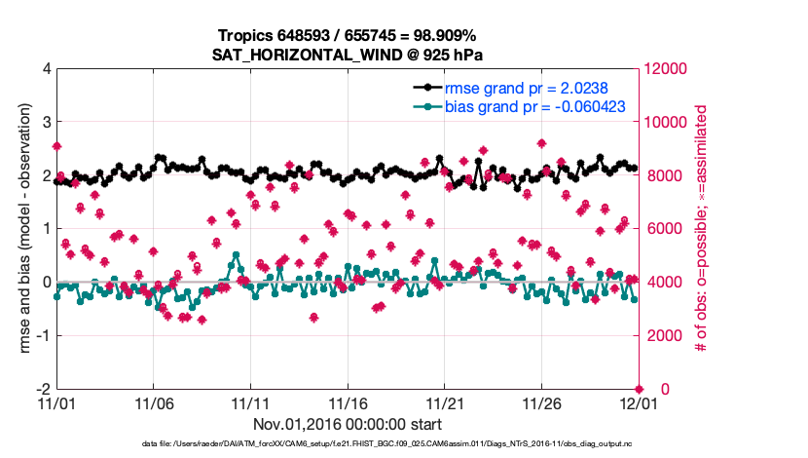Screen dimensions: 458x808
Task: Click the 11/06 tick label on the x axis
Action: click(x=153, y=402)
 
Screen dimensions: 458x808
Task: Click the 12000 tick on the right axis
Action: click(x=668, y=69)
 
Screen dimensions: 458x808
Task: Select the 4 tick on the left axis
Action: click(x=47, y=69)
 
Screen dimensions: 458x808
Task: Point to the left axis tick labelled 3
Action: click(x=47, y=123)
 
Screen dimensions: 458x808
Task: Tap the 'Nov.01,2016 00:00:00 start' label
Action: click(x=348, y=425)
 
